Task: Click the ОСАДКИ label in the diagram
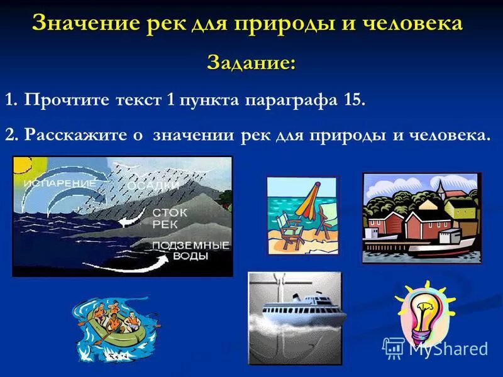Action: point(153,186)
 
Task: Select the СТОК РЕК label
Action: point(169,219)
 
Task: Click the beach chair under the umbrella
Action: point(292,227)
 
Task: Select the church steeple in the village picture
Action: point(441,188)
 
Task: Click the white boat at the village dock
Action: point(444,246)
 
